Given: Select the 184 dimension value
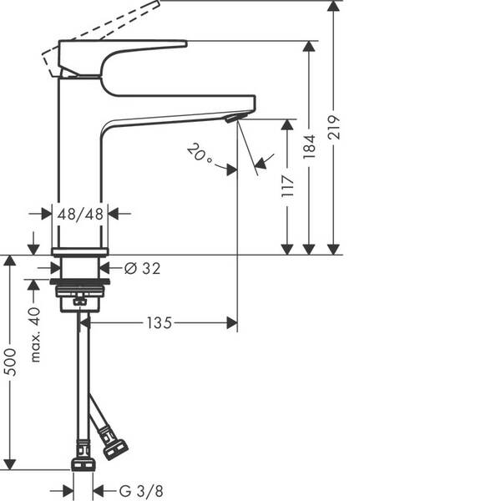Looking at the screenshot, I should pos(310,148).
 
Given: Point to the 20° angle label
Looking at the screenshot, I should pos(200,154).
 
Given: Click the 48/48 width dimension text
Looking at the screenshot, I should pos(80,214).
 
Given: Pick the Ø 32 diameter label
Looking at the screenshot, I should pos(142,268).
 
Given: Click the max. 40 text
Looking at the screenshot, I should pos(34,334).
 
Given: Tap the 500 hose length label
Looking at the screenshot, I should pos(11,361).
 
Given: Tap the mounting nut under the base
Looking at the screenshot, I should pos(81,293).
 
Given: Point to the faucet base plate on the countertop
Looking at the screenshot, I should pos(80,250).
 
